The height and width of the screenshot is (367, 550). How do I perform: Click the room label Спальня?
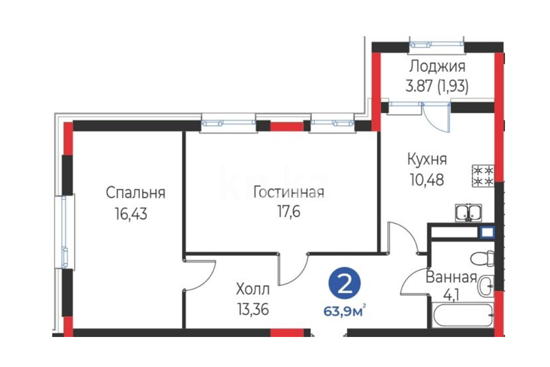coord(136,193)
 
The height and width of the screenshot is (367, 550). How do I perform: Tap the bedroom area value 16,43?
coord(131,214)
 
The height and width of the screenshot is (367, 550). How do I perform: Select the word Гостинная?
coord(289,192)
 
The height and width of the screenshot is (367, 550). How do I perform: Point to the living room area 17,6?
coord(289,212)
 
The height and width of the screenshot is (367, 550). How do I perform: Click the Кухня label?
coord(427,159)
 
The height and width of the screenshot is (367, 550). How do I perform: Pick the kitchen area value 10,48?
coord(427,180)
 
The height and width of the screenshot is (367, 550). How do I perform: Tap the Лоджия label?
coord(437,66)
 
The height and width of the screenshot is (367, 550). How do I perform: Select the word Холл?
coord(253,289)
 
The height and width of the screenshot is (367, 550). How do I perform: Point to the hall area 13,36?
coord(253,310)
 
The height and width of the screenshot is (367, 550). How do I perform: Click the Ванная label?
coord(452,277)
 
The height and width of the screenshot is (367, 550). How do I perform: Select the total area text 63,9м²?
coord(345,311)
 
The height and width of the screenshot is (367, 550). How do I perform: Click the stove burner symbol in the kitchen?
coord(483,176)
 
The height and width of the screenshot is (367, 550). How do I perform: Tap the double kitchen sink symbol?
coord(468,213)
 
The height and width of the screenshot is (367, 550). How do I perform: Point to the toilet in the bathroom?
coord(482,259)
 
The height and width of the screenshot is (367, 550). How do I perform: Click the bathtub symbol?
coord(464,316)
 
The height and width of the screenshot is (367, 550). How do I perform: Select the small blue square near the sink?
coord(487,232)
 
